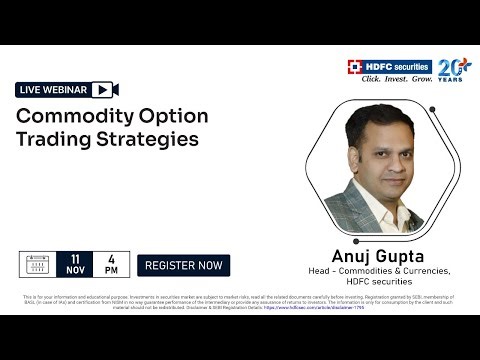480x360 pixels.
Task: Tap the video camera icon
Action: point(105,90)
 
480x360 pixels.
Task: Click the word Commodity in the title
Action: point(70,116)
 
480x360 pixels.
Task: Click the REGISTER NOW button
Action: point(183,266)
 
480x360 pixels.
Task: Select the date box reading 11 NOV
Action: point(75,266)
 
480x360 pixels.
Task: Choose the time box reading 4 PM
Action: point(111,266)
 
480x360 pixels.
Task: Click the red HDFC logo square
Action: point(355,67)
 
